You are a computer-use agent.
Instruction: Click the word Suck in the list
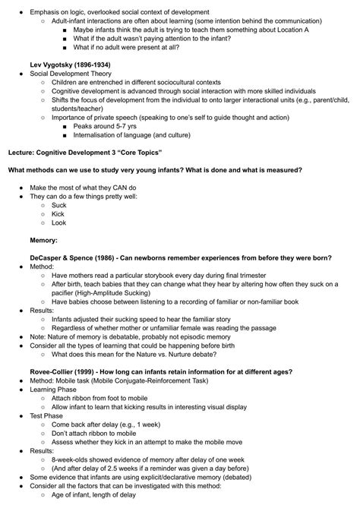click(x=59, y=205)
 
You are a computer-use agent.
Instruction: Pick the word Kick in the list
click(x=58, y=214)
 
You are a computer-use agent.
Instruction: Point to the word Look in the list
click(x=59, y=223)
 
